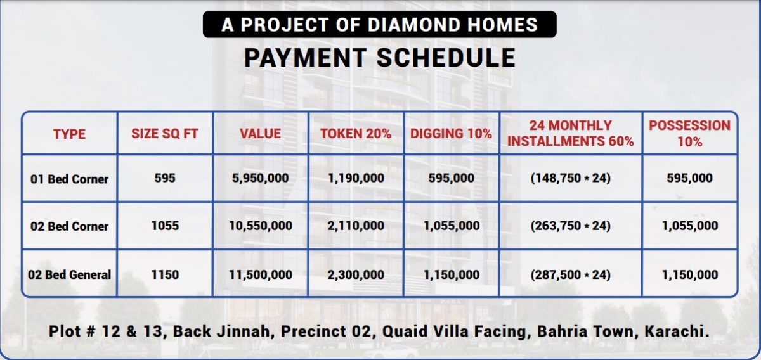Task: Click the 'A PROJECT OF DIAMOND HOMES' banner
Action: [379, 25]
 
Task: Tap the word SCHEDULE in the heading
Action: [446, 58]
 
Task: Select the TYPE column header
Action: [69, 134]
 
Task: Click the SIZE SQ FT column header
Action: [165, 134]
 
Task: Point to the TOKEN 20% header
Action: [356, 134]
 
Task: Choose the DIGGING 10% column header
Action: [451, 134]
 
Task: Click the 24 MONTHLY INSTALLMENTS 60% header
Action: [571, 133]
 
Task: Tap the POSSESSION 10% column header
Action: [690, 133]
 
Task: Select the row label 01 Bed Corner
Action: [69, 179]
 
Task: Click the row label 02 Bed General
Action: [69, 274]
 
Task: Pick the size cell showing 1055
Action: [165, 226]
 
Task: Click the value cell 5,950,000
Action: [261, 178]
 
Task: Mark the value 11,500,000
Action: [261, 274]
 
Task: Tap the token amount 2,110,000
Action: [356, 226]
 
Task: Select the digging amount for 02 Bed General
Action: [452, 274]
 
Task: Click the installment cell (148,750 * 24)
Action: [571, 178]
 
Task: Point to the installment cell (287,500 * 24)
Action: [571, 274]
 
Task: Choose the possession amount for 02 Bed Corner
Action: [690, 226]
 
